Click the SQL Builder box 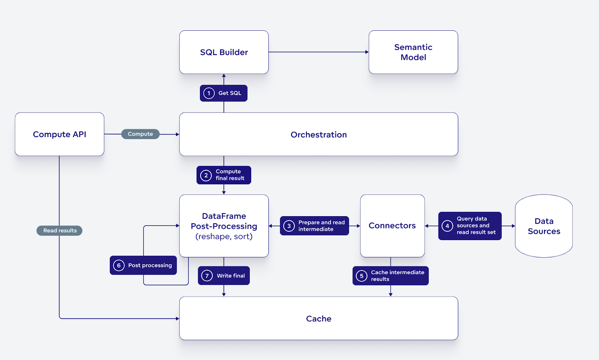[224, 52]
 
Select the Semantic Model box [413, 52]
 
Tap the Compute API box [60, 134]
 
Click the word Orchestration [319, 134]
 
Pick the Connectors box [392, 226]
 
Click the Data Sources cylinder [544, 226]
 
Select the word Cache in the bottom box [319, 318]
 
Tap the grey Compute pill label [140, 134]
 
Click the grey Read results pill [60, 230]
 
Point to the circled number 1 [209, 93]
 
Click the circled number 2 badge [206, 175]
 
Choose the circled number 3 [289, 226]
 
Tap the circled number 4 [447, 226]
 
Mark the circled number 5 [361, 276]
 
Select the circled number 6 [119, 265]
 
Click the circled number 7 [207, 276]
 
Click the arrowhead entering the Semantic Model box [367, 52]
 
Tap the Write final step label [231, 276]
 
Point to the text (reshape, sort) [224, 236]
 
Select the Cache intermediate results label [397, 276]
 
